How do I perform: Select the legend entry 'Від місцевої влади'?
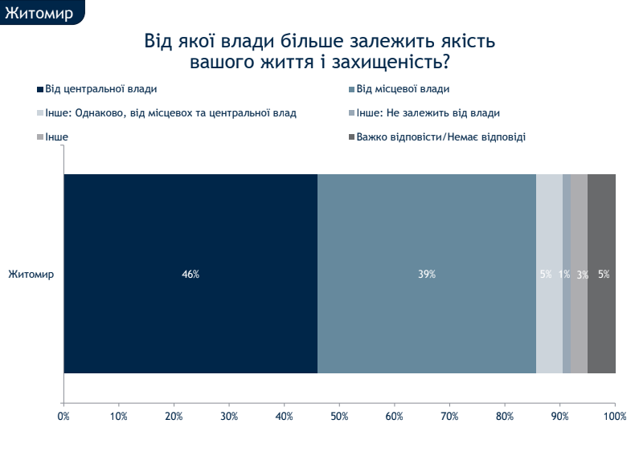click(403, 89)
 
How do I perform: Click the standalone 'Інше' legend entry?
click(56, 137)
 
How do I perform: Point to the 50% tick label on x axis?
click(339, 416)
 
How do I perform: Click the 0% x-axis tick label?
click(63, 416)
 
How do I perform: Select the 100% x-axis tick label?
click(615, 416)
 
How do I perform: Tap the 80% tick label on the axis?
click(505, 416)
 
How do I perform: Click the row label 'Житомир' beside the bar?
click(31, 274)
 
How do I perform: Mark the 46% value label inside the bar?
click(190, 274)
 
